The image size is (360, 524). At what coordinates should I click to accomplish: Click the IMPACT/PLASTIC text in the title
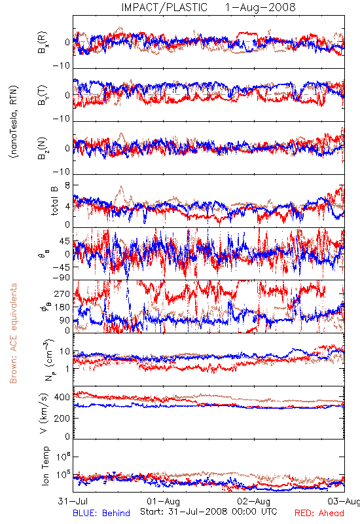point(164,7)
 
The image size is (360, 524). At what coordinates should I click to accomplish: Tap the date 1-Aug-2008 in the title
point(261,7)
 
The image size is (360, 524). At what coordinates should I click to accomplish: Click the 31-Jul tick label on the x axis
point(73,501)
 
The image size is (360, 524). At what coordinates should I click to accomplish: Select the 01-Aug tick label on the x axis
point(163,502)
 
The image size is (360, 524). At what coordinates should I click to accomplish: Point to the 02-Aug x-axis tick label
point(254,502)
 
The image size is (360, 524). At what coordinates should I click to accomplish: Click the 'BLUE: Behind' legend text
point(101,514)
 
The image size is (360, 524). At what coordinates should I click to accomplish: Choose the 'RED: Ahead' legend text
point(319,514)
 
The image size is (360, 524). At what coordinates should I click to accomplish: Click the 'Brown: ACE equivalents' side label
point(13,333)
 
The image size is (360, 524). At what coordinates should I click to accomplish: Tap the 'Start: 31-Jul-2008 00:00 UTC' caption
point(209,512)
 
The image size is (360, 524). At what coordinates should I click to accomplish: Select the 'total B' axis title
point(54,201)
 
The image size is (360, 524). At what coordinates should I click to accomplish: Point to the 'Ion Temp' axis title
point(45,466)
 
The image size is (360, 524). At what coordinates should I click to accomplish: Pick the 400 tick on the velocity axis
point(62,398)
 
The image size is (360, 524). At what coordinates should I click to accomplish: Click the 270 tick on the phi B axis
point(62,294)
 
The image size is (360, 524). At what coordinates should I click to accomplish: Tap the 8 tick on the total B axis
point(67,185)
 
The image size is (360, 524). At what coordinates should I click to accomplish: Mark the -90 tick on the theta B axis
point(62,278)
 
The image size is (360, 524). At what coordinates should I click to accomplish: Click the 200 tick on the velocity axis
point(62,419)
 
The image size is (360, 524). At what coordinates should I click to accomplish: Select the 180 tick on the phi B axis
point(62,307)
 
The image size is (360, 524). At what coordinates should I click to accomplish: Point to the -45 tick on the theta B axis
point(62,267)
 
